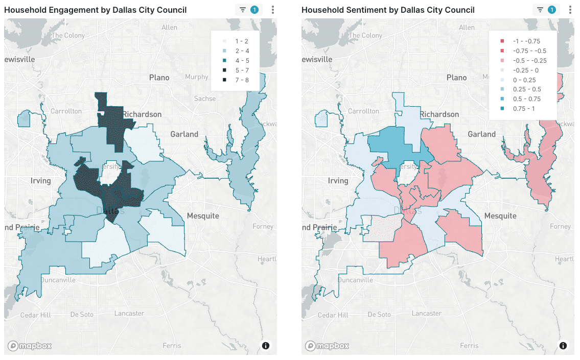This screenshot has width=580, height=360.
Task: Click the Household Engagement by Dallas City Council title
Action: click(x=95, y=10)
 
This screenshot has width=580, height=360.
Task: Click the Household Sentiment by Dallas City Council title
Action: click(x=388, y=10)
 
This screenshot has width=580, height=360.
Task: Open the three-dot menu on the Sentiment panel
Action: click(x=570, y=10)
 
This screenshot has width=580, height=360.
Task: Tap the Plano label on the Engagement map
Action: click(x=159, y=78)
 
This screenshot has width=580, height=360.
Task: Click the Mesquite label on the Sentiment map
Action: click(x=500, y=216)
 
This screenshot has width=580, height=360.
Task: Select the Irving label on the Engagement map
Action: click(x=40, y=181)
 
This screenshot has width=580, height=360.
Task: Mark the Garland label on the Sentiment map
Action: click(x=481, y=134)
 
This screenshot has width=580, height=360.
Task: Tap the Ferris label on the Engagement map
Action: click(x=171, y=346)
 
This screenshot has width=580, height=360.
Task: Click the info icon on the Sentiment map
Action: click(x=563, y=346)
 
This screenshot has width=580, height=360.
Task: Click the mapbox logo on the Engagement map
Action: click(x=29, y=346)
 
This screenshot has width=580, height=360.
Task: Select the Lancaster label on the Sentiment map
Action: click(x=426, y=313)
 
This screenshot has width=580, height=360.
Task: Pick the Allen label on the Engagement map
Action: click(x=169, y=28)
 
